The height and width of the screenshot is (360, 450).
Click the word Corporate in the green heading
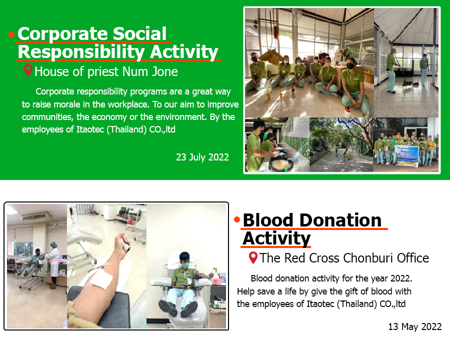(x=63, y=34)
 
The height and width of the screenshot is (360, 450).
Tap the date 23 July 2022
(x=202, y=157)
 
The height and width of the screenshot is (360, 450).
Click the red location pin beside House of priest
(x=28, y=70)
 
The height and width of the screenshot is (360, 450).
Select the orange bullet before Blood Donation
(x=237, y=220)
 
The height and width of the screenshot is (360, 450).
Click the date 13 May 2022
(x=414, y=326)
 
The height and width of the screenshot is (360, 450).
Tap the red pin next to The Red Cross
(x=253, y=257)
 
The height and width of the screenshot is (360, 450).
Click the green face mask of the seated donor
(x=185, y=265)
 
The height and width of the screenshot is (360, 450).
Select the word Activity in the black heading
(x=276, y=238)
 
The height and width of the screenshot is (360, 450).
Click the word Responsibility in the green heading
(x=81, y=52)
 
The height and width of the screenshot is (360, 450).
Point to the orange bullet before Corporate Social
(x=11, y=34)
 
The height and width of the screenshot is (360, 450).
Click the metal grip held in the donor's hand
(x=125, y=244)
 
